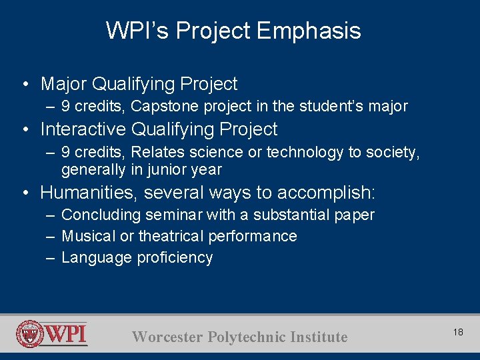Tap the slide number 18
[458, 331]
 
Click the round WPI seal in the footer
[30, 334]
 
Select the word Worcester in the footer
[168, 337]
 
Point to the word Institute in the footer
[319, 337]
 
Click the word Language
[97, 258]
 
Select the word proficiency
[175, 258]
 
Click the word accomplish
[326, 193]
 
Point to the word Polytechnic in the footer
[248, 337]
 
